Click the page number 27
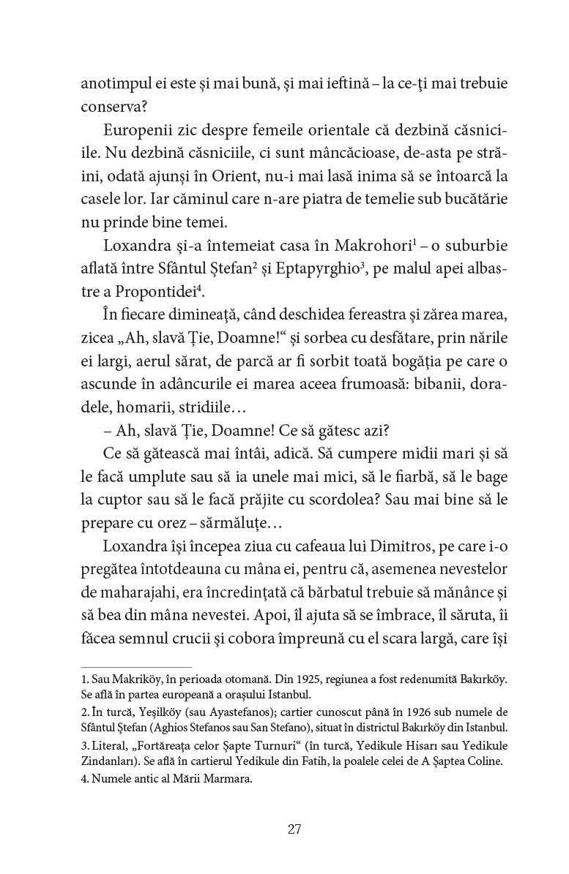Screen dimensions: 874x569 point(294,829)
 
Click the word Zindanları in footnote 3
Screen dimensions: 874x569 point(108,761)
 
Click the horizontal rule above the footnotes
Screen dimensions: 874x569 point(135,666)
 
